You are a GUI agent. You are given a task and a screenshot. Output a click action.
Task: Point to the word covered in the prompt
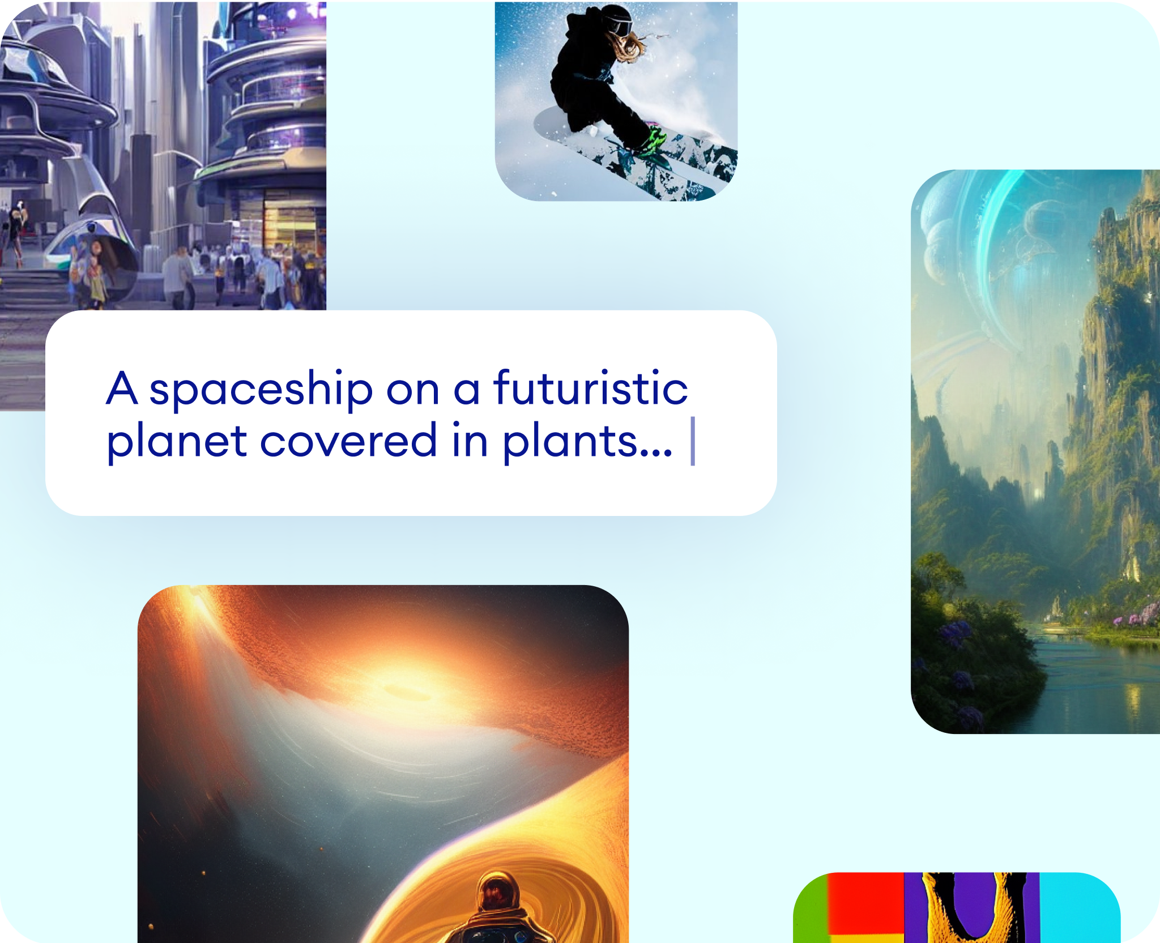click(348, 440)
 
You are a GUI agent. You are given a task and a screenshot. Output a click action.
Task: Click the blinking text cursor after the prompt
click(693, 441)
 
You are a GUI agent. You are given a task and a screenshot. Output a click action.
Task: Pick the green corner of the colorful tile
click(811, 912)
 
